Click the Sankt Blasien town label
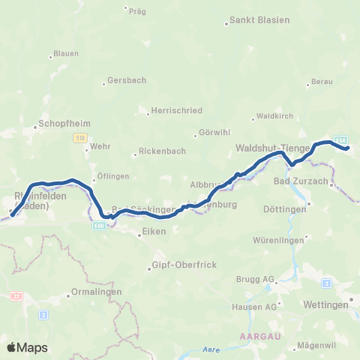259,21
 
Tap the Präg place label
136,11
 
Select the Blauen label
61,55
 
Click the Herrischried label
176,110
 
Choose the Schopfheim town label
61,123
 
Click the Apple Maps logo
27,347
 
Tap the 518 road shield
80,138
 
